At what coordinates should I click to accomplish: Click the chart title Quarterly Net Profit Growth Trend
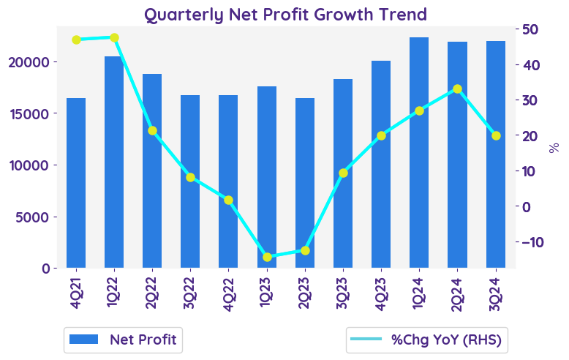285,14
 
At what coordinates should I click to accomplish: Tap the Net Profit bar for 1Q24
419,153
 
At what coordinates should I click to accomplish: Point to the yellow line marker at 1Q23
266,257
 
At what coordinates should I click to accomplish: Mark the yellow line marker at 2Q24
457,89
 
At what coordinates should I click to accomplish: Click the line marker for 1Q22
114,37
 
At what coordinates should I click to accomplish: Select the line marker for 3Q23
343,173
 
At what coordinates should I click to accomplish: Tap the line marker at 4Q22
228,200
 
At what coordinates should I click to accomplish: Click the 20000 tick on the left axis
29,62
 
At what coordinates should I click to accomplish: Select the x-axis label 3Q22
190,292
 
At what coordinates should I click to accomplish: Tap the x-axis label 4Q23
381,292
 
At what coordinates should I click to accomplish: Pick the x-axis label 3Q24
496,292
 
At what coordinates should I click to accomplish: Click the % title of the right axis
554,147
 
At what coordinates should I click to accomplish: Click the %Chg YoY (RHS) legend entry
429,339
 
